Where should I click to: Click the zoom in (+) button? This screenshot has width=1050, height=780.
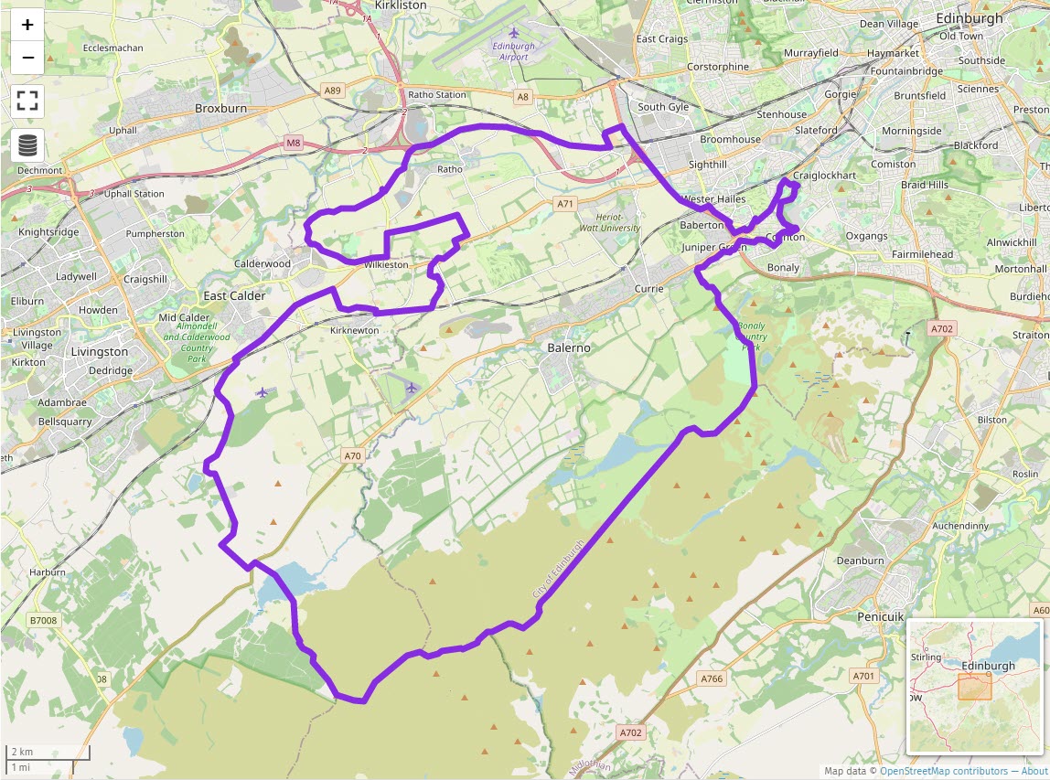tap(27, 25)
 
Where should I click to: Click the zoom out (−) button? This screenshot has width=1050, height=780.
tap(27, 58)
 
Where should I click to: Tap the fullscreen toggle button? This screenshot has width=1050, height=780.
tap(27, 101)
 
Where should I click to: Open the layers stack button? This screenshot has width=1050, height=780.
tap(27, 144)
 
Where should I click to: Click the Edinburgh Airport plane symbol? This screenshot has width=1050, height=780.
tap(514, 33)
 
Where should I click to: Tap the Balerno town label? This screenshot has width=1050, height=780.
tap(569, 348)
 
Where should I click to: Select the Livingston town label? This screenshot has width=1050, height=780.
tap(100, 352)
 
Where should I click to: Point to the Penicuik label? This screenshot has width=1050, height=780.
tap(881, 617)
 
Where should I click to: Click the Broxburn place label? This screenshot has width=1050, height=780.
tap(221, 108)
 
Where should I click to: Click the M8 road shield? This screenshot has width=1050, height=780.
tap(293, 143)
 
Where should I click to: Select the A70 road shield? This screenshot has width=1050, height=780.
tap(353, 455)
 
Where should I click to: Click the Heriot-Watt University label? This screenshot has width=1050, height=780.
tap(611, 222)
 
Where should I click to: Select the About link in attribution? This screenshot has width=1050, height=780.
tap(1034, 771)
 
